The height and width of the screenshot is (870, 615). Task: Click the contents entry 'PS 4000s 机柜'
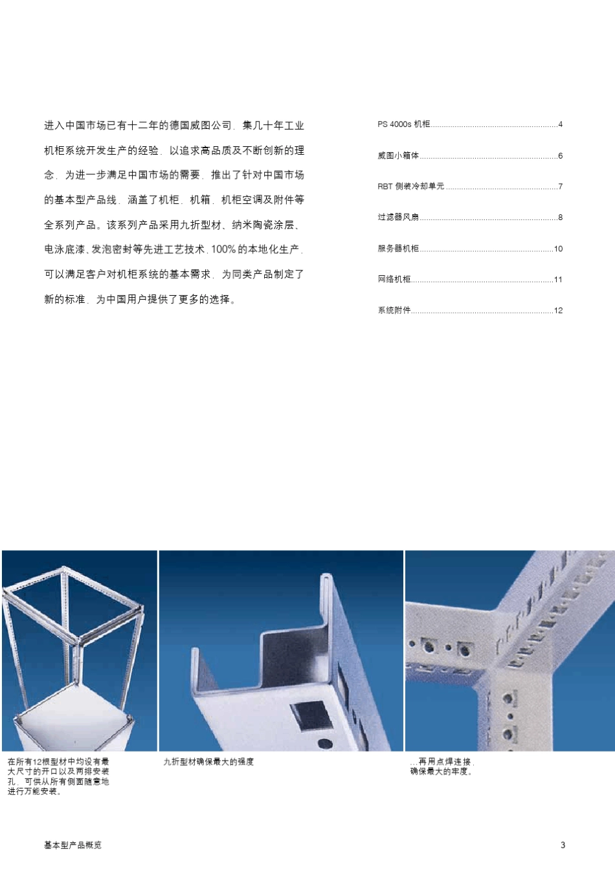403,124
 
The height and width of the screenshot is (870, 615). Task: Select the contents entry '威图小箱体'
398,155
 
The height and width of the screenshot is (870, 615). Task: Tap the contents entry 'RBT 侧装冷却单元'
411,186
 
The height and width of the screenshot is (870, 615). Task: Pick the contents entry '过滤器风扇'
398,217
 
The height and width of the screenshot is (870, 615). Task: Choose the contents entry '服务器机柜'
398,249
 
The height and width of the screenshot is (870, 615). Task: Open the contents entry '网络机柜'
394,280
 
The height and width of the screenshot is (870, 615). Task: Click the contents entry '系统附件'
394,311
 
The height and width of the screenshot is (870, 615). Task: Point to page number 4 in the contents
560,124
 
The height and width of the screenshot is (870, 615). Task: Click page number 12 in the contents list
558,311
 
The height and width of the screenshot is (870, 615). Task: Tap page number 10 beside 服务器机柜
558,249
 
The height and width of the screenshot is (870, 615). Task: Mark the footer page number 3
563,845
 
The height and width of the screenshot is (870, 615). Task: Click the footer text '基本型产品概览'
73,845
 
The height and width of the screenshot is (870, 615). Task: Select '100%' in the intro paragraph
223,249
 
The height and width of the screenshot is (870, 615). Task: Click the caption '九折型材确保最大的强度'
208,762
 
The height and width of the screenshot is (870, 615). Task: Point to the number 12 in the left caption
37,762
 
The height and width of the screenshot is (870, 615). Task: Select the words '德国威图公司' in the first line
200,126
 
